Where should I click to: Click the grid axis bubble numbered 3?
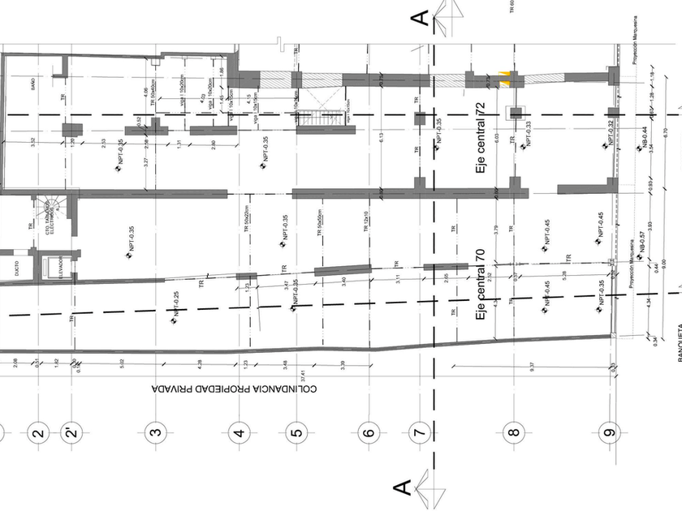(156, 432)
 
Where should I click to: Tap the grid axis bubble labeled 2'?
(72, 432)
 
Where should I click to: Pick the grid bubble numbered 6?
(369, 432)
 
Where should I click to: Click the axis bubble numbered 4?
(239, 432)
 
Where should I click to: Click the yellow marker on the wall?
(506, 77)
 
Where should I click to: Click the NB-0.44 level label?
(641, 141)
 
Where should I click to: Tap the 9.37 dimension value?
(532, 365)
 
